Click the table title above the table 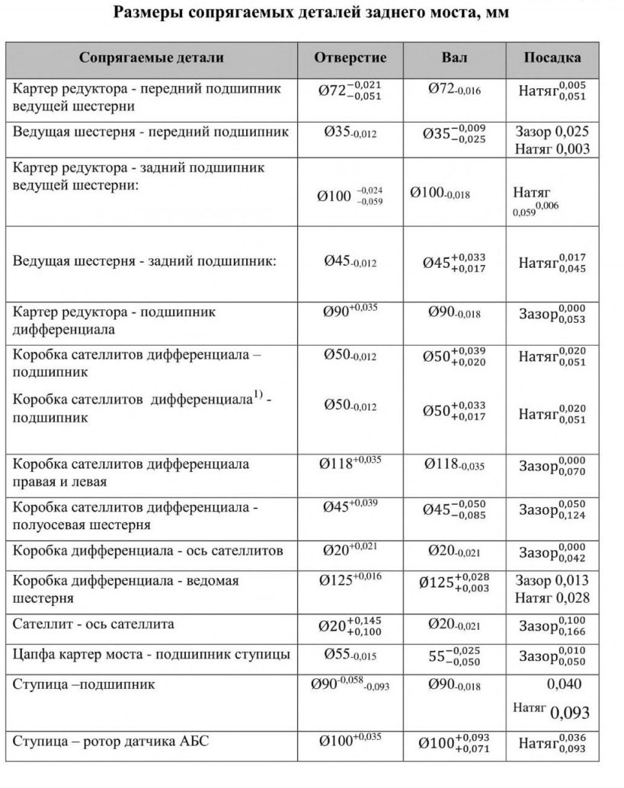(312, 13)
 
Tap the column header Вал (455, 58)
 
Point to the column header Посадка (552, 58)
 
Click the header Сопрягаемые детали (151, 58)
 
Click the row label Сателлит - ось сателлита (94, 624)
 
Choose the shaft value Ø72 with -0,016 (454, 91)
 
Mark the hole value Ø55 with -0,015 (350, 654)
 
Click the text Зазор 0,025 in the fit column (552, 131)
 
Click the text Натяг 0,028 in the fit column (552, 598)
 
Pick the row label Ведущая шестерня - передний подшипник (151, 132)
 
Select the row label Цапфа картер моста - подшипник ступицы (151, 654)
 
